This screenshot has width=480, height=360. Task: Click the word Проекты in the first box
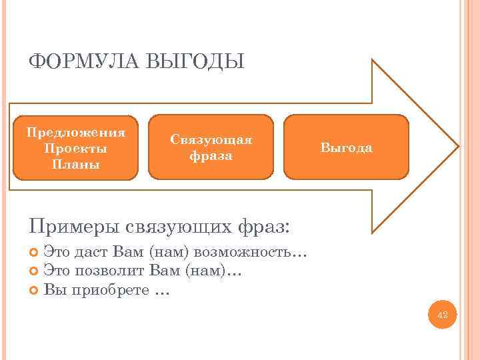coord(75,148)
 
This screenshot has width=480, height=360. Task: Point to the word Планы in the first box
coord(75,164)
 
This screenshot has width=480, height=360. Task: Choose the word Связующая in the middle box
coord(211,140)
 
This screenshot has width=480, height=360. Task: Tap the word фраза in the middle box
coord(211,156)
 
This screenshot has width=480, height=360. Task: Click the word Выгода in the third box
coord(346,148)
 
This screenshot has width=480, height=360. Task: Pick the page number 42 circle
coord(443,314)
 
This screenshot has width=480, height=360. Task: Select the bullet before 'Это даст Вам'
coord(35,253)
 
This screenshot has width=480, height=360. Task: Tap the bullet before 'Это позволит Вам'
coord(35,271)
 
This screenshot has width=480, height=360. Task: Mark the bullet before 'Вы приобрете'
coord(35,290)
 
